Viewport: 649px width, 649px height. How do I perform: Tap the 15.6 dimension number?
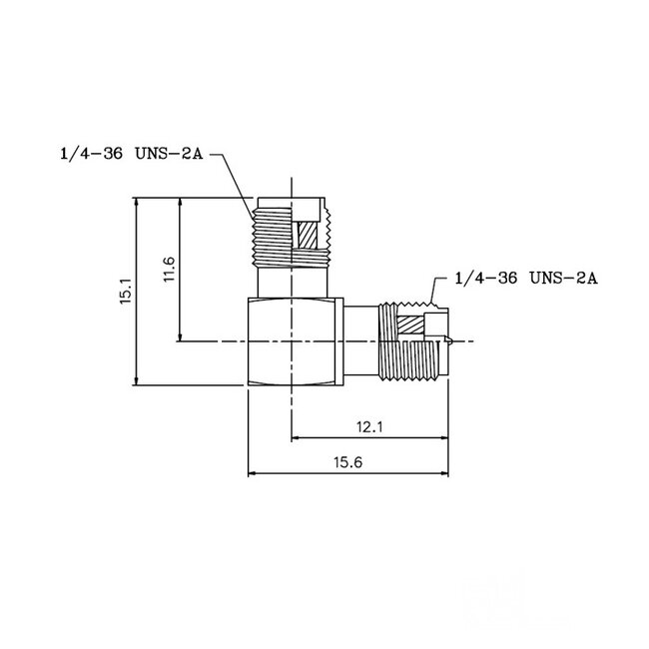coord(347,462)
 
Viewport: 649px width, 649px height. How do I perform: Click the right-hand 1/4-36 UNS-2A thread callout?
coord(525,279)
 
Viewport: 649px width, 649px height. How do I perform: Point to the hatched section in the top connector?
coord(309,236)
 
